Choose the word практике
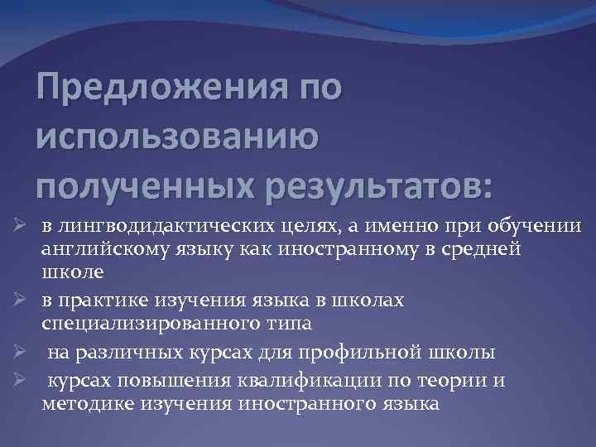coord(101,300)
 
